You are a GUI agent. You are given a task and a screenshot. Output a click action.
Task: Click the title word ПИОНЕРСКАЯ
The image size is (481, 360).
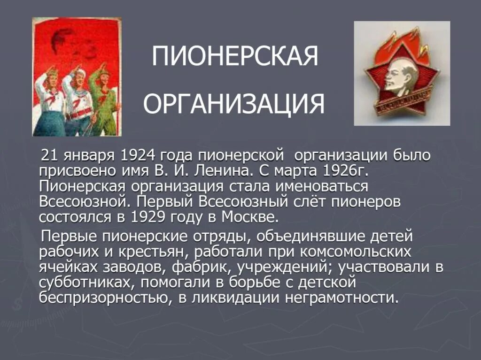coord(234,57)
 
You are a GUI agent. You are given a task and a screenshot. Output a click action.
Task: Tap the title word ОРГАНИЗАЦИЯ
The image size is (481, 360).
coord(233,104)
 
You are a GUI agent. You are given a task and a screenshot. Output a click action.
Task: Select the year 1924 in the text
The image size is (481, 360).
coord(138,155)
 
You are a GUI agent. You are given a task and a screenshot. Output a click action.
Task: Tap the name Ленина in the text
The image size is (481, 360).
coord(238,170)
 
